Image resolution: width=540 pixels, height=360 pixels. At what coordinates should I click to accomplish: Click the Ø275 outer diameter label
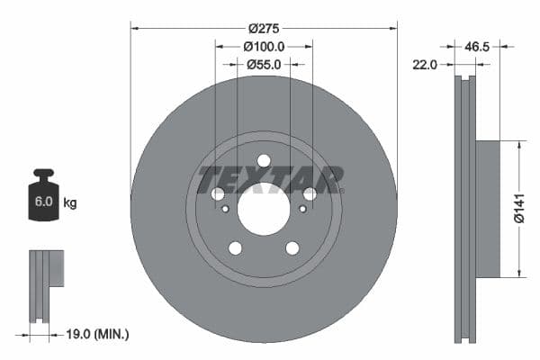pos(264,29)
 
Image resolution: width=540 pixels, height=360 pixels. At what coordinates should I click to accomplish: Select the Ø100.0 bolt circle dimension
pos(264,46)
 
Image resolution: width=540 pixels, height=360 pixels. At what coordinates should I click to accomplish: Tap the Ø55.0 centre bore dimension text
pos(264,64)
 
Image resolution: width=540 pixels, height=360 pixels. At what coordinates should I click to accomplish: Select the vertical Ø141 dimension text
pos(518,208)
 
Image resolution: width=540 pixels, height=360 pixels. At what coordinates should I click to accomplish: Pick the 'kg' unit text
pos(69,202)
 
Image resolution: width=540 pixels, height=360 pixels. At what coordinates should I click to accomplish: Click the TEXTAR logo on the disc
pos(270,179)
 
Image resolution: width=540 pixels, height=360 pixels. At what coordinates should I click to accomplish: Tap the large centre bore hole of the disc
pos(264,209)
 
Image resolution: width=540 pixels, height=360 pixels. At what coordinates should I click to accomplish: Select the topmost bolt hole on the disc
pos(264,161)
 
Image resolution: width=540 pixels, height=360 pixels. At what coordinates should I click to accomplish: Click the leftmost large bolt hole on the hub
pos(218,194)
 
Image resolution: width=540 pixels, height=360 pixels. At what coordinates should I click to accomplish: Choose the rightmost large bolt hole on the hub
pos(310,194)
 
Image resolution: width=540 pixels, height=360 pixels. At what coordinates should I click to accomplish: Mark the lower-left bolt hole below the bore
pos(235,247)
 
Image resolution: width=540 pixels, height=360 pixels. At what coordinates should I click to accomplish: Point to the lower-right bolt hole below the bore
pos(292,247)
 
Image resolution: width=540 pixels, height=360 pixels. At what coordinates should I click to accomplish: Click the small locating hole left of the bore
pos(225,209)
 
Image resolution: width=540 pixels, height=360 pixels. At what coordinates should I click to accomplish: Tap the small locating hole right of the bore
pos(302,209)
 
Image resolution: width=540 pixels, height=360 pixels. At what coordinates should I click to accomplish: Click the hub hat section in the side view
pos(486,208)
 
